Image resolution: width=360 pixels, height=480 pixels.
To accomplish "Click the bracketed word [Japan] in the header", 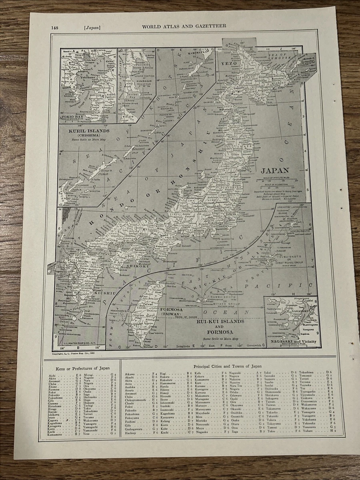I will pos(92,27).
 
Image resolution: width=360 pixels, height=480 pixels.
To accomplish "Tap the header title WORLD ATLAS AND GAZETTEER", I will pos(184,26).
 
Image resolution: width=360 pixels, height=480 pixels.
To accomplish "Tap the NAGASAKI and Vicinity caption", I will pos(290,341).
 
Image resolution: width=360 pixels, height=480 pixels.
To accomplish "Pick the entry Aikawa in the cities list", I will pos(130,374).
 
